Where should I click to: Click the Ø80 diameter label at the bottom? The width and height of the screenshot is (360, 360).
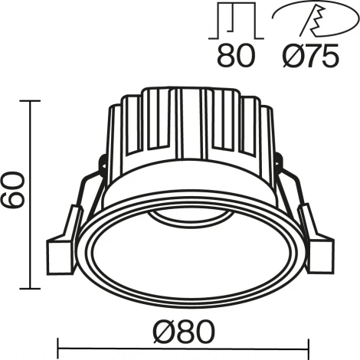pyautogui.click(x=181, y=332)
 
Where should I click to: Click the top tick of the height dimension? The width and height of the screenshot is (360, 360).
pyautogui.click(x=31, y=100)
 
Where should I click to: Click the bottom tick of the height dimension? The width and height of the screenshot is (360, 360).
pyautogui.click(x=31, y=288)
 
